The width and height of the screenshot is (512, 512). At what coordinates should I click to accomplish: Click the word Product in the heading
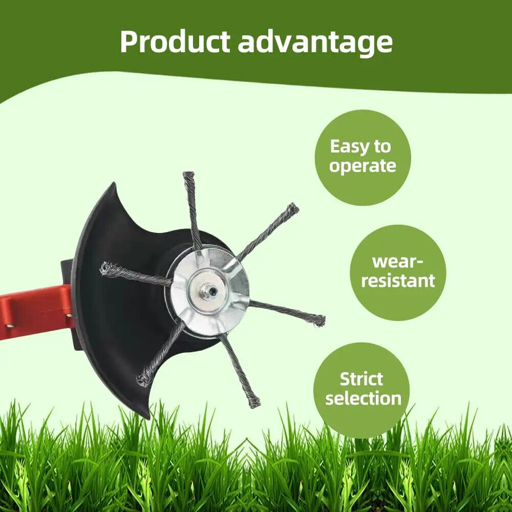coord(175,42)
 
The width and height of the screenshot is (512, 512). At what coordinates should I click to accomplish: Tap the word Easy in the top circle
coord(350,146)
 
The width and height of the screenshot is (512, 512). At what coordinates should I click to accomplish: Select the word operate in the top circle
coord(362,166)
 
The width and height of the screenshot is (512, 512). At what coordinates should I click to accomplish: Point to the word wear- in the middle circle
coord(397,262)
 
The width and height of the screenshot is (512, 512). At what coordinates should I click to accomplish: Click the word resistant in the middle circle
coord(398,281)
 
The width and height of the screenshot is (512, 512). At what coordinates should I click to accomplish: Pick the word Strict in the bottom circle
coord(361,379)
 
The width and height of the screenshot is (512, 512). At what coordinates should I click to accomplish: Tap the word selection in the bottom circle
coord(363,398)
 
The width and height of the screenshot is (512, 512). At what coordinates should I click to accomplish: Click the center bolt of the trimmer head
coord(209,289)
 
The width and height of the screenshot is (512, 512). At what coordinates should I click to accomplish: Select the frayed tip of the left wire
coord(105,268)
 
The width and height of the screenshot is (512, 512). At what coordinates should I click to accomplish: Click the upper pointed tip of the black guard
coord(114,183)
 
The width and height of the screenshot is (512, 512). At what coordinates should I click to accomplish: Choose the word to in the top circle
coord(382,147)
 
